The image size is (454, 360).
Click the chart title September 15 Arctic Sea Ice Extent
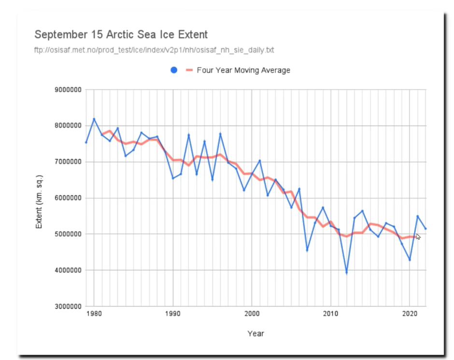pos(121,35)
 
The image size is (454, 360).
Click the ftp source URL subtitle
pos(155,50)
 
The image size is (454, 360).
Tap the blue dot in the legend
pos(174,70)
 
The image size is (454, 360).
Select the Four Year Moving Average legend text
pos(243,70)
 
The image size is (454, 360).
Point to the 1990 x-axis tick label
pos(172,314)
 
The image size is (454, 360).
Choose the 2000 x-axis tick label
pos(252,314)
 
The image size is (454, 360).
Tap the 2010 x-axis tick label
pos(330,314)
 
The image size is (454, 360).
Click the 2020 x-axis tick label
pos(410,314)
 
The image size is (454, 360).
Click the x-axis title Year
pos(255,333)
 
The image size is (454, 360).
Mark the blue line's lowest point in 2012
pos(346,273)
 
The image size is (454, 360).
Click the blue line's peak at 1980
pos(94,119)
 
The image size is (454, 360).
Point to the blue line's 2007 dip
pos(307,250)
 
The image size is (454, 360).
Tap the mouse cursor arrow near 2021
pos(418,236)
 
